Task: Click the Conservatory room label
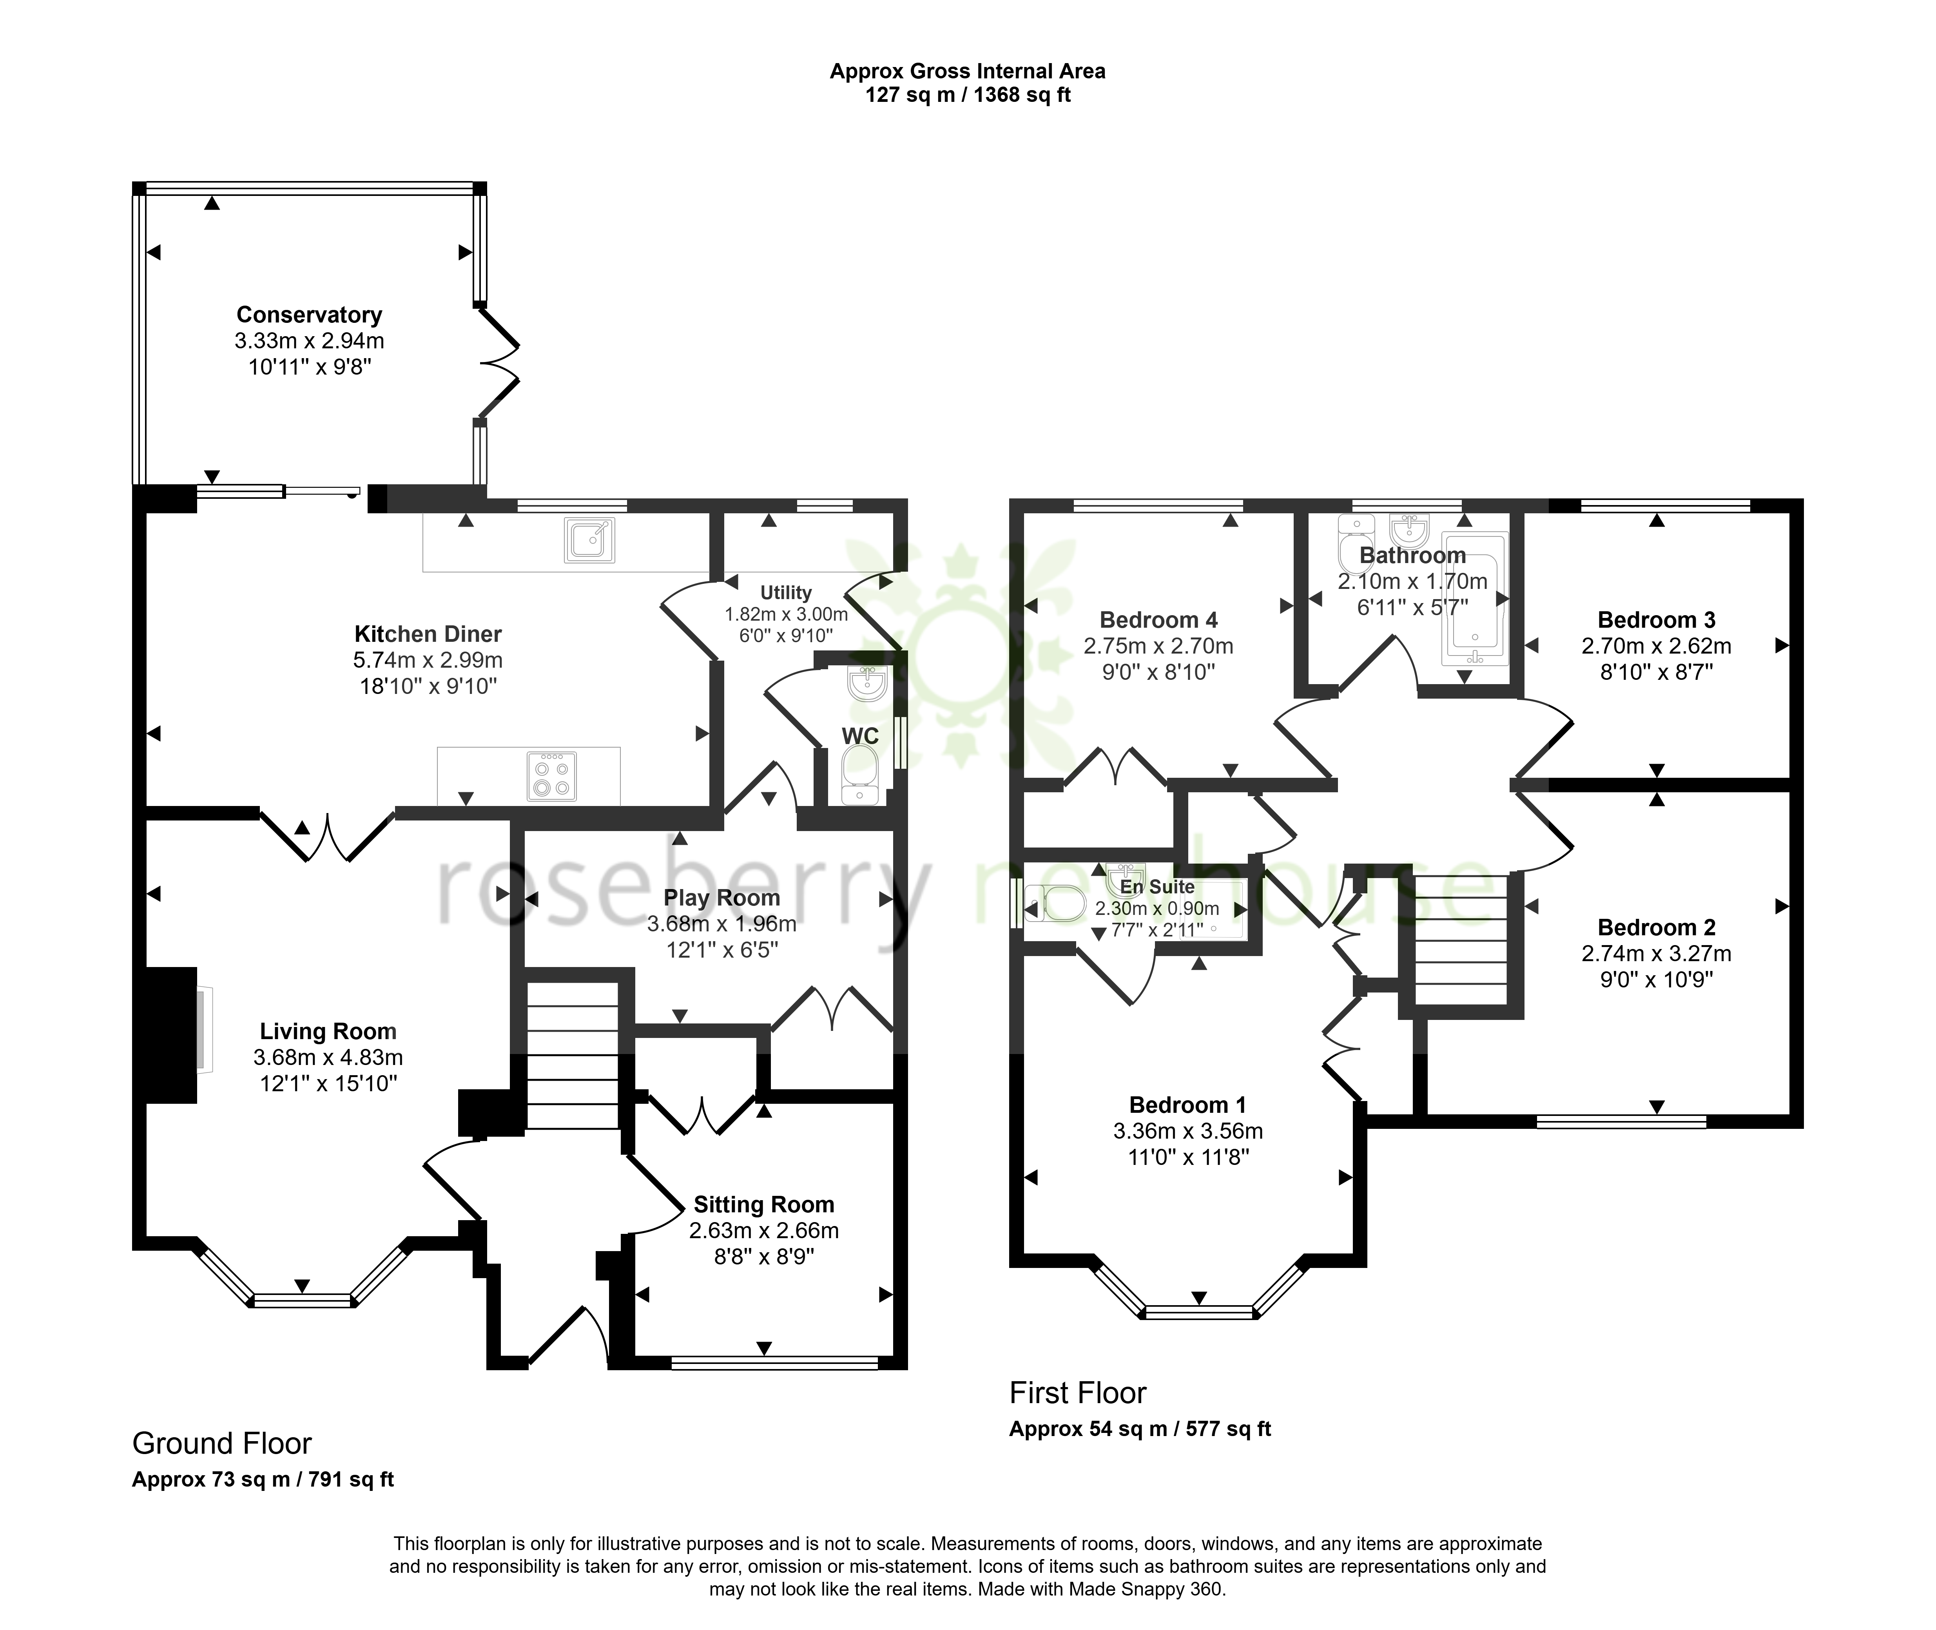click(309, 315)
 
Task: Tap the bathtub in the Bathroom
click(1475, 599)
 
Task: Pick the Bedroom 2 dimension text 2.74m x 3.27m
click(1656, 954)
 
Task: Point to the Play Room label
click(722, 898)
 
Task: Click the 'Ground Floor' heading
click(222, 1443)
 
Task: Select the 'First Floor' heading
click(1077, 1393)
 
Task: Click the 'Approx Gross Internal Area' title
click(968, 71)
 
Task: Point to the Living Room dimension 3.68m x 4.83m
click(328, 1057)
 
